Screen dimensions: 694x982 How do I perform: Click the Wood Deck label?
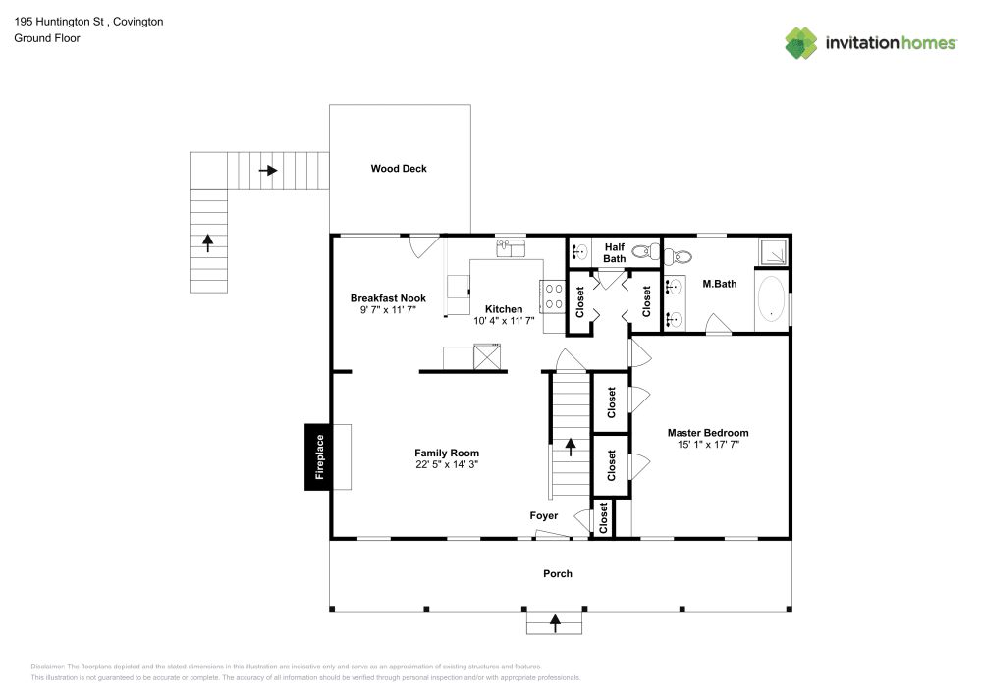[399, 169]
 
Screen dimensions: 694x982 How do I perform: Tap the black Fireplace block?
[318, 456]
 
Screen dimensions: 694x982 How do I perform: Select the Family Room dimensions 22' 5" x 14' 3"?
[447, 464]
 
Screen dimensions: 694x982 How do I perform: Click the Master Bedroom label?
[708, 432]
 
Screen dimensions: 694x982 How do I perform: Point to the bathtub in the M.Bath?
[773, 300]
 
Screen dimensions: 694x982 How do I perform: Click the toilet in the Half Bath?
[644, 251]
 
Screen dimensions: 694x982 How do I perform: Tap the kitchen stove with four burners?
[549, 296]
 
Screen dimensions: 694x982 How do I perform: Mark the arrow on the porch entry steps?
[555, 620]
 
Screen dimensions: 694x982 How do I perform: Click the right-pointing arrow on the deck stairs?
[268, 170]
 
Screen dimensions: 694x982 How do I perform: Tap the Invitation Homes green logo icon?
[802, 42]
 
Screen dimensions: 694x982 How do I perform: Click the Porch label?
[558, 573]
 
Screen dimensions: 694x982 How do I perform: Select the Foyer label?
[544, 515]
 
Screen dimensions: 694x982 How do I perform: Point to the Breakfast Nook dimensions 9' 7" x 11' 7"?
[388, 309]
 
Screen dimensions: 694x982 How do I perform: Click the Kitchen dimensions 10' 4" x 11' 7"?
[505, 320]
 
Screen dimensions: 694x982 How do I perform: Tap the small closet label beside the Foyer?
[603, 519]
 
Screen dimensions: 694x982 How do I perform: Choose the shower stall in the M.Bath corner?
[773, 252]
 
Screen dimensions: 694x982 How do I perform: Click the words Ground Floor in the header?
[47, 38]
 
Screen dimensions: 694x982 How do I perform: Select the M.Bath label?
[720, 284]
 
